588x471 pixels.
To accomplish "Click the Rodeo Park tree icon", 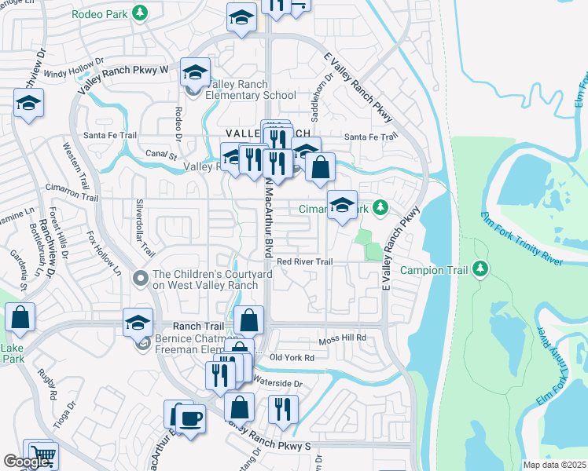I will pos(140,13).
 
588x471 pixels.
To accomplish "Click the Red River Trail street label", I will pos(305,261).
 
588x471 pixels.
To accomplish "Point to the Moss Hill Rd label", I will pos(343,338).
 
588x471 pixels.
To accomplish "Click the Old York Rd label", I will pos(292,357).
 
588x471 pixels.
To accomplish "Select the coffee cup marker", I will pos(189,418).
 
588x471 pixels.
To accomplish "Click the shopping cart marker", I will pos(43,455).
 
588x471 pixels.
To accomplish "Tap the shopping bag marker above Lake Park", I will pos(20,318).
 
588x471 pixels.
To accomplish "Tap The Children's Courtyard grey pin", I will pos(141,279).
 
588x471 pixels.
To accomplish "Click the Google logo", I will pos(26,462).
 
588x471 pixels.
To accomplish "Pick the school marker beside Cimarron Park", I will pos(342,206).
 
